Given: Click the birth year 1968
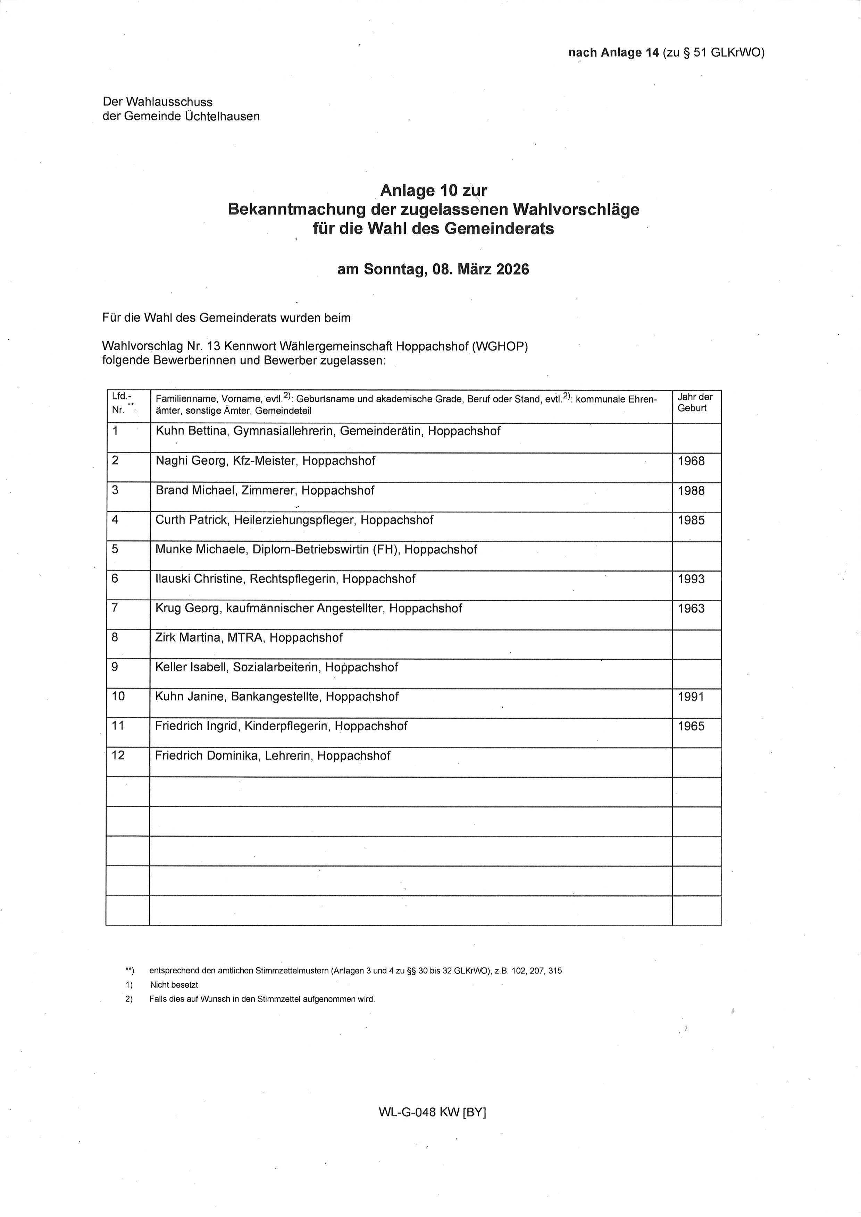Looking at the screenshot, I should click(691, 461).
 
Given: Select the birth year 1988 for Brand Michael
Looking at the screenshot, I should click(691, 491).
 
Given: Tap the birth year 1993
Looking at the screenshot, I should click(691, 579).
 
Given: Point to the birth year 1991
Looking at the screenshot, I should click(691, 697).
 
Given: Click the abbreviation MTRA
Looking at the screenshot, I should click(245, 638).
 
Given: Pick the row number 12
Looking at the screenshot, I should click(118, 755).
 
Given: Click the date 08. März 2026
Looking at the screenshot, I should click(480, 270).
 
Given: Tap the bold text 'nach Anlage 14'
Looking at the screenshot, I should click(613, 52).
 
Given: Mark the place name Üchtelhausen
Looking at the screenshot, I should click(222, 117).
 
